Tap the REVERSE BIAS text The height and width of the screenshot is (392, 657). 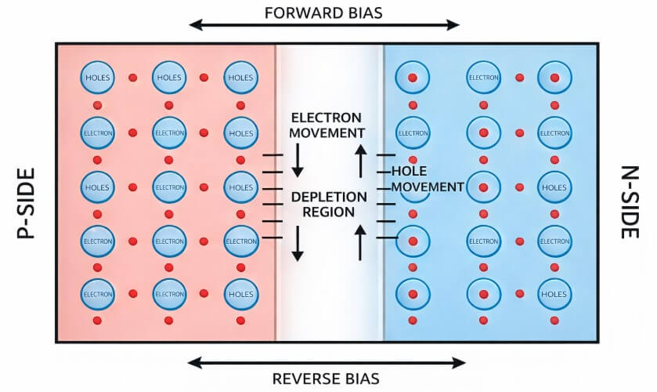point(326,379)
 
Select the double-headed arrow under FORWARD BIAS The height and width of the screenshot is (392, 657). point(323,25)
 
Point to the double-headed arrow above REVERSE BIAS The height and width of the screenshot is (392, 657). point(326,362)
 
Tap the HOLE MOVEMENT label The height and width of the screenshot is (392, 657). point(428,179)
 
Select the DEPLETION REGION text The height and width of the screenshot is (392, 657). point(327,204)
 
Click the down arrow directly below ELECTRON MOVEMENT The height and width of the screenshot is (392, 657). point(298,160)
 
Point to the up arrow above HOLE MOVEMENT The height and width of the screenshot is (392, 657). point(361,160)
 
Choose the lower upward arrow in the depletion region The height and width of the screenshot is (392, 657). point(361,243)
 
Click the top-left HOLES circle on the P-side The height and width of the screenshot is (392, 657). point(98,78)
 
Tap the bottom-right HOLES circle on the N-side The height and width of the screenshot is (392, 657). point(554,294)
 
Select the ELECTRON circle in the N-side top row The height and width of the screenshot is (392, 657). point(483,78)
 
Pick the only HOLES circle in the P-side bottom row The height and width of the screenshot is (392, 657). point(240,294)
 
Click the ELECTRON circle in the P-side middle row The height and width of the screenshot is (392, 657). point(169,187)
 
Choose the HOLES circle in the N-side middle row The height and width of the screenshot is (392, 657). point(554,187)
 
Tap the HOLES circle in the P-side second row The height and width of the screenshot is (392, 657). point(240,133)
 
